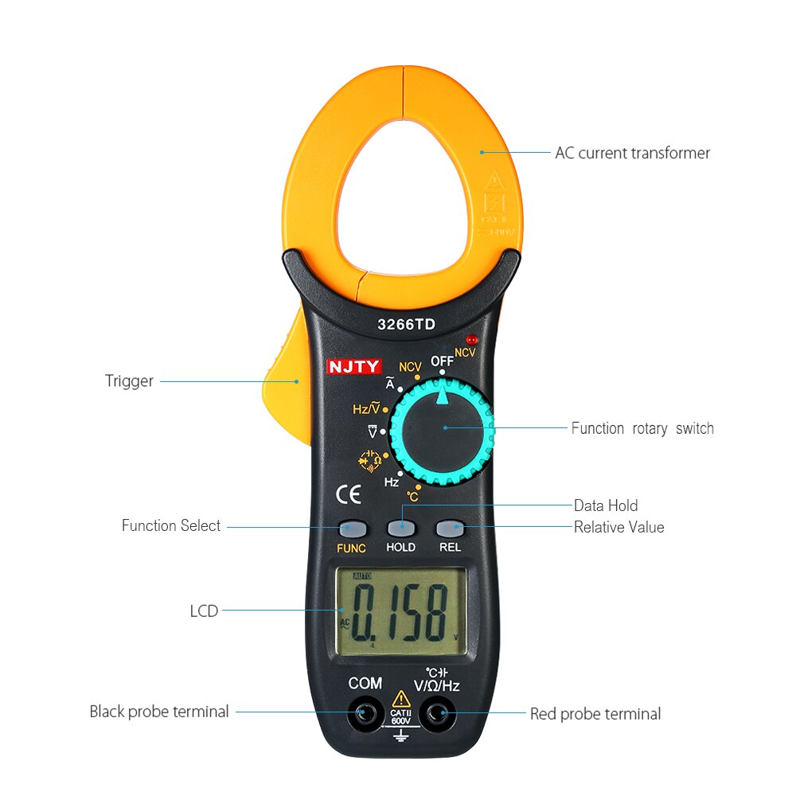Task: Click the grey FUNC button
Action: click(352, 528)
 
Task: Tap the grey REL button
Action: click(450, 528)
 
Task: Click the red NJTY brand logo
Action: click(354, 367)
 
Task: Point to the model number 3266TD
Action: click(406, 325)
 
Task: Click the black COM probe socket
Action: click(365, 714)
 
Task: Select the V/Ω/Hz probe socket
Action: click(437, 714)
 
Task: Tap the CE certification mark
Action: click(349, 495)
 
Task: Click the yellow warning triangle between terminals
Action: click(401, 699)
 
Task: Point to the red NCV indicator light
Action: click(471, 339)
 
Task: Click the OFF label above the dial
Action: click(442, 361)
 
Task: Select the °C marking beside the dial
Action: click(412, 497)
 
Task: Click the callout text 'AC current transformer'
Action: click(632, 153)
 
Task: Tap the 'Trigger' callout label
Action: click(129, 381)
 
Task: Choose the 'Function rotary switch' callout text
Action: click(642, 428)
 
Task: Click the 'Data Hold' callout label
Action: click(606, 505)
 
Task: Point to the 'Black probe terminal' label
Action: click(159, 712)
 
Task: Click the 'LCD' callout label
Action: click(204, 611)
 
